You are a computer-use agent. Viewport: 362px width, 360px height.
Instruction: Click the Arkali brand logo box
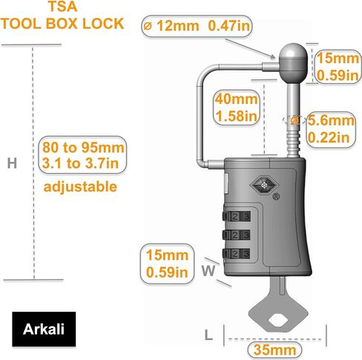pyautogui.click(x=44, y=329)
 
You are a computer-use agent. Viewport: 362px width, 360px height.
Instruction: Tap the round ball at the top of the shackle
pyautogui.click(x=293, y=63)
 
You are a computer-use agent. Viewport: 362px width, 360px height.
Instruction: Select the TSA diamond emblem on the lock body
pyautogui.click(x=264, y=185)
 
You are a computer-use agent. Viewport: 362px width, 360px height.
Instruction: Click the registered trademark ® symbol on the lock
pyautogui.click(x=276, y=197)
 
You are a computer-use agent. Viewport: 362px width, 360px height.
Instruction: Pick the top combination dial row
pyautogui.click(x=237, y=216)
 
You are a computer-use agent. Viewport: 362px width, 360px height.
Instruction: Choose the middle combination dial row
pyautogui.click(x=237, y=235)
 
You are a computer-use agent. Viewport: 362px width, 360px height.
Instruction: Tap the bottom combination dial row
pyautogui.click(x=237, y=254)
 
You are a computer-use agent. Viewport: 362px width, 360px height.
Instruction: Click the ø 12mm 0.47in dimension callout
pyautogui.click(x=197, y=26)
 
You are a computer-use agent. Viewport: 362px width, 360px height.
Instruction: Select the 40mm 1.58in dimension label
pyautogui.click(x=237, y=108)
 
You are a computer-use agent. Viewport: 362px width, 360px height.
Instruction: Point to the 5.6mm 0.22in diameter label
pyautogui.click(x=331, y=129)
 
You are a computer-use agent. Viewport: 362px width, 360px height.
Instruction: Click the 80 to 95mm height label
pyautogui.click(x=82, y=155)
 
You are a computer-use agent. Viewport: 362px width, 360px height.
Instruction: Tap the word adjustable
pyautogui.click(x=80, y=186)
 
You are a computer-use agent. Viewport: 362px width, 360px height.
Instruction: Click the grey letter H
pyautogui.click(x=12, y=163)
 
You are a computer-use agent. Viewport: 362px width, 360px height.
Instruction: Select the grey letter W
pyautogui.click(x=208, y=271)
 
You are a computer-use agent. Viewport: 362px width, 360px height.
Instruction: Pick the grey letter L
pyautogui.click(x=208, y=336)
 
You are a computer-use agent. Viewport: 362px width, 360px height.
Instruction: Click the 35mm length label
pyautogui.click(x=274, y=350)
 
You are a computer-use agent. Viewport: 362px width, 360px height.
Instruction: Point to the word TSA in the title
pyautogui.click(x=62, y=7)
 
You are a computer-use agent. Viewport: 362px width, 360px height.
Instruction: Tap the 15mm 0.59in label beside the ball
pyautogui.click(x=338, y=67)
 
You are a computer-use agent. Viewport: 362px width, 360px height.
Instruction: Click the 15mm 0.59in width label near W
pyautogui.click(x=167, y=264)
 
